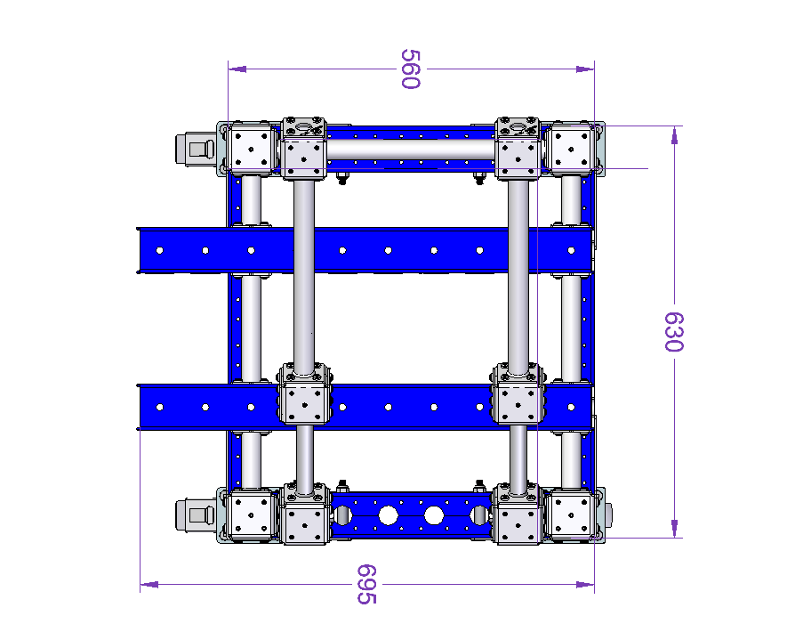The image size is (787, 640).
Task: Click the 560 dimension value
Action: pyautogui.click(x=410, y=69)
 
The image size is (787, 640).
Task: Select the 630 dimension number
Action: pyautogui.click(x=674, y=332)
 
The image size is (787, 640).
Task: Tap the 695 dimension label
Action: pyautogui.click(x=366, y=584)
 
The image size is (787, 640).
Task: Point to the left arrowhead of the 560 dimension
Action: pyautogui.click(x=237, y=69)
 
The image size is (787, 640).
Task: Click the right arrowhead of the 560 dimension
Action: pyautogui.click(x=585, y=69)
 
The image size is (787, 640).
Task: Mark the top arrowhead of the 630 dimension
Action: pyautogui.click(x=674, y=135)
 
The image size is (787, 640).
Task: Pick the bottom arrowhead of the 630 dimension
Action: pyautogui.click(x=674, y=529)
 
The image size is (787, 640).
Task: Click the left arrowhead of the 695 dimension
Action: pyautogui.click(x=149, y=584)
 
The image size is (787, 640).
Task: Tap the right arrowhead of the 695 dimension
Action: pyautogui.click(x=585, y=584)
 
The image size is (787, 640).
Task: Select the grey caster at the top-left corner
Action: pyautogui.click(x=195, y=150)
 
